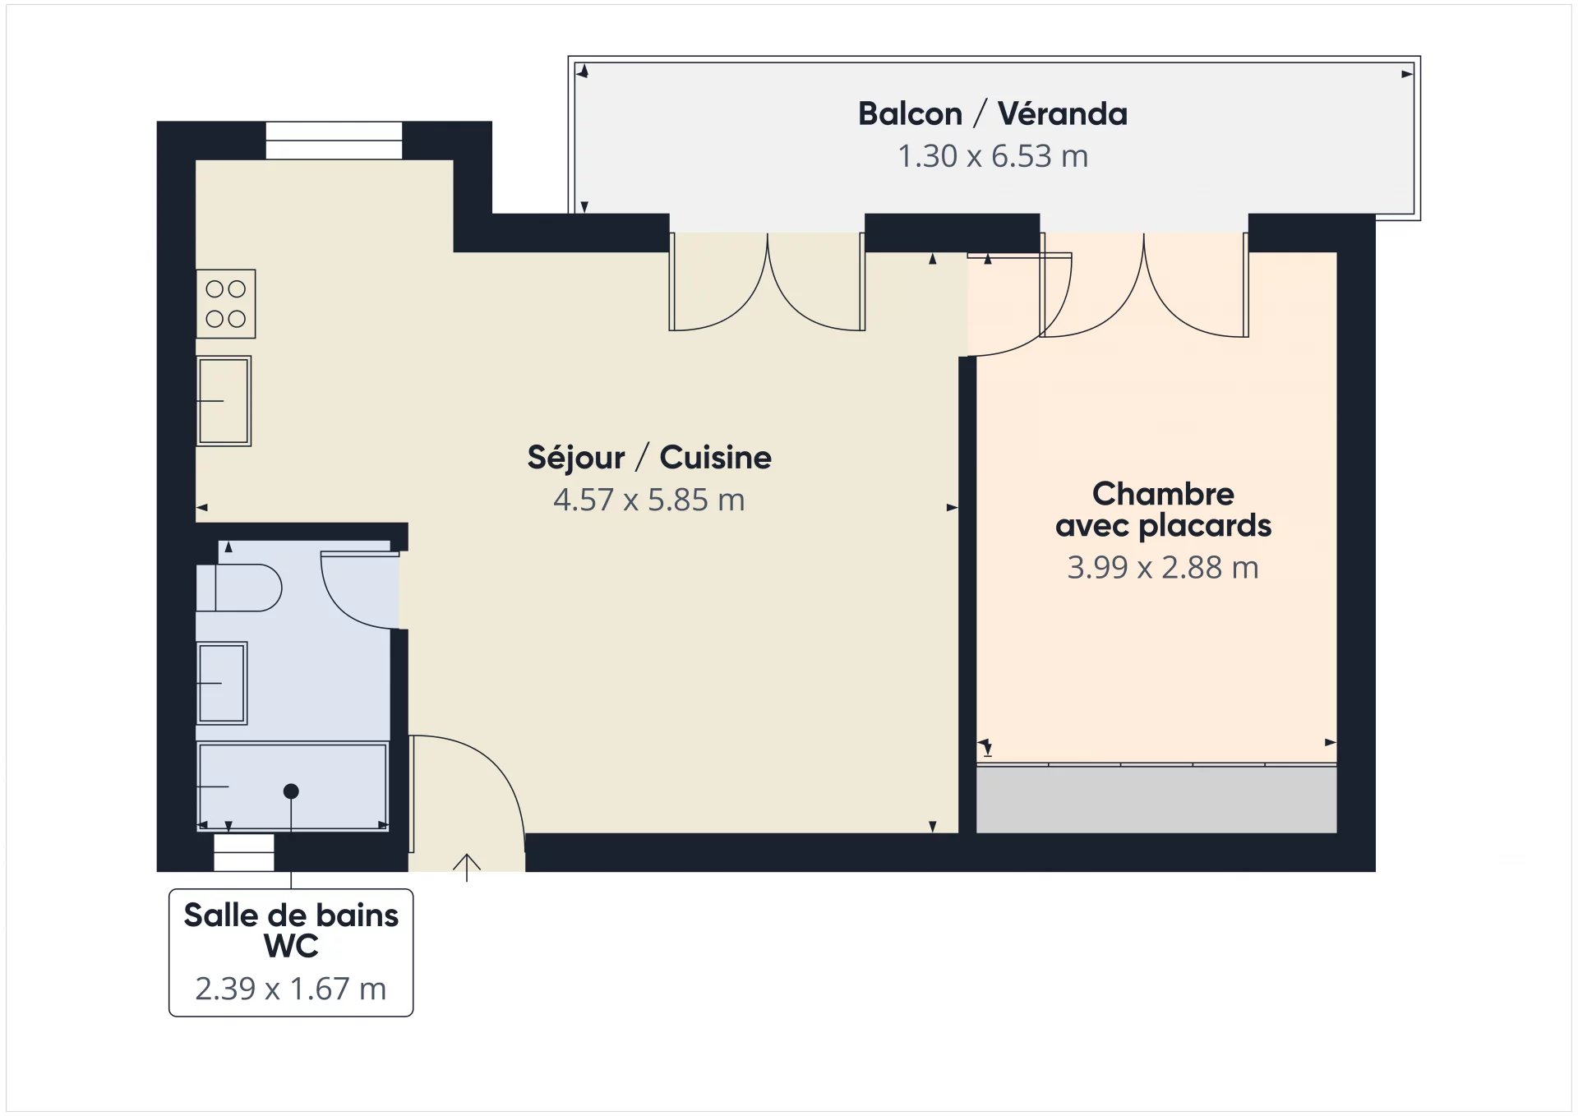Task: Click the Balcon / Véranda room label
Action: (x=993, y=113)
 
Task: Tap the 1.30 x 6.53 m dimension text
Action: (x=993, y=156)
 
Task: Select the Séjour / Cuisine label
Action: (x=649, y=458)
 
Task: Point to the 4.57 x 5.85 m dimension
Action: (x=649, y=500)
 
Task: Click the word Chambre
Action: (x=1163, y=494)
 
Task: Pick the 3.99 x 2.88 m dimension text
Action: (x=1163, y=568)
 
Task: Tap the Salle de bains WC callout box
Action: (x=291, y=952)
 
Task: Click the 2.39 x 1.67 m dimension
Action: (x=291, y=989)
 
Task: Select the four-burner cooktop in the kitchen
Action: (x=226, y=304)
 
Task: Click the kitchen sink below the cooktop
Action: (x=224, y=401)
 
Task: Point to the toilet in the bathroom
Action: (x=238, y=588)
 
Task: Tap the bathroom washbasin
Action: (x=222, y=683)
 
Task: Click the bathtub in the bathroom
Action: (x=293, y=786)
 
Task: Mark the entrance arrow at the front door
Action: (x=467, y=868)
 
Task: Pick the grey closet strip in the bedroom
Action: (x=1156, y=800)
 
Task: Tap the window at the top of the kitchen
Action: (x=334, y=141)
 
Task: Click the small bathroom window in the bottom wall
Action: (x=244, y=852)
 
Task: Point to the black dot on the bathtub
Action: (x=291, y=791)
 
